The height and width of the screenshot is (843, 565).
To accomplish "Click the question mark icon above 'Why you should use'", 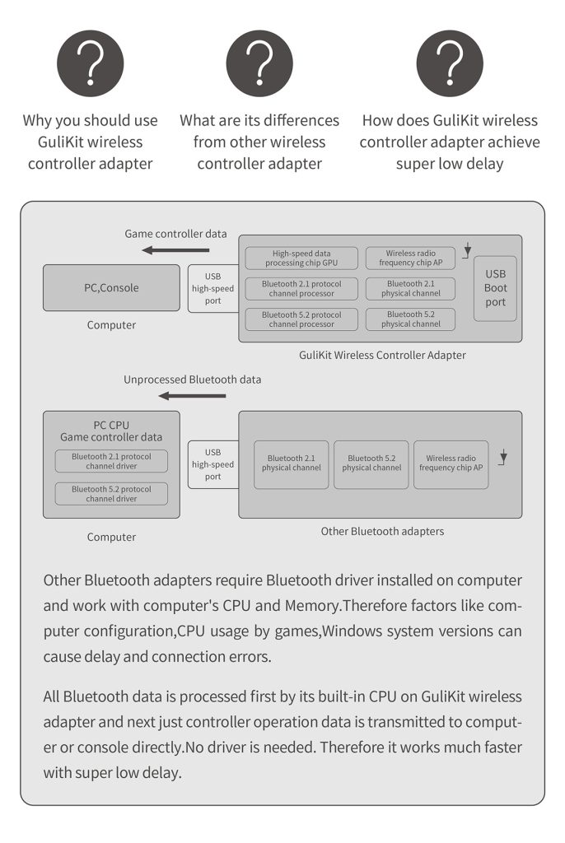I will point(90,63).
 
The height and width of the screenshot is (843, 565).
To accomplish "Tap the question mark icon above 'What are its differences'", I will point(259,63).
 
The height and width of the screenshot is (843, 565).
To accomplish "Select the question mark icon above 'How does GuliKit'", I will point(449,63).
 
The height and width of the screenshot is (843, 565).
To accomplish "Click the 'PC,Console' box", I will point(111,288).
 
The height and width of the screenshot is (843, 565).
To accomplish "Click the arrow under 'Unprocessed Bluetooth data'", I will point(192,396).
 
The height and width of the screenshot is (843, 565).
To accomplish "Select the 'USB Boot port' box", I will point(496,288).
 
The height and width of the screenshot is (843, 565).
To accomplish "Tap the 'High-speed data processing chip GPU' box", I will point(301,258).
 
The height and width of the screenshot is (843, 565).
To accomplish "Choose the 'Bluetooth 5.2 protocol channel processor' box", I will point(301,319).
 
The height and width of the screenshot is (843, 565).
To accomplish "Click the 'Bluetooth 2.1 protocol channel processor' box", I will point(301,289).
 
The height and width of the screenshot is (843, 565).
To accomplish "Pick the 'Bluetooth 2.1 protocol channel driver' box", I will point(111,461).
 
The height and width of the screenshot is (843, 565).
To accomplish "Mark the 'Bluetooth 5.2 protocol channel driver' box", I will point(111,494).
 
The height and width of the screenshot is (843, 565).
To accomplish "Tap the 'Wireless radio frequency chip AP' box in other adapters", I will point(451,463).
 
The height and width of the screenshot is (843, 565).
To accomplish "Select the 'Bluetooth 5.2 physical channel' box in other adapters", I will point(371,463).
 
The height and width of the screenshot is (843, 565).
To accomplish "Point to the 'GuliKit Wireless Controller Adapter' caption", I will point(382,356).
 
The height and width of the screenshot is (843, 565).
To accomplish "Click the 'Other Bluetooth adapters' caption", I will point(382,532).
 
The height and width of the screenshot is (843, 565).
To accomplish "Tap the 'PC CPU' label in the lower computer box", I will point(111,426).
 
